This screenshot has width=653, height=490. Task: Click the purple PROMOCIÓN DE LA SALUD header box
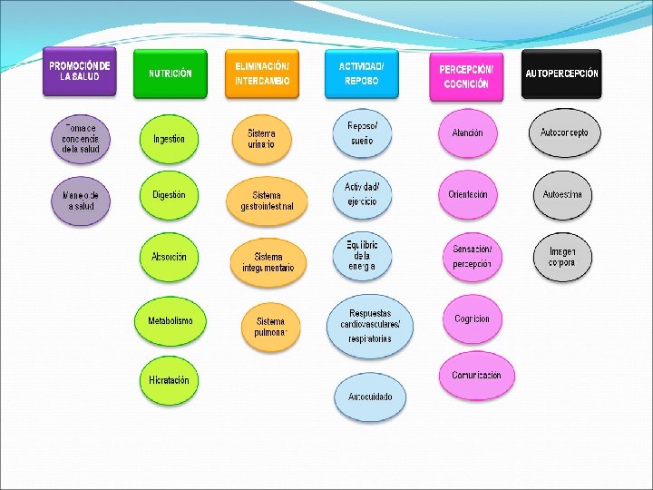[80, 72]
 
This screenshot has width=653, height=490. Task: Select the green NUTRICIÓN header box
[170, 73]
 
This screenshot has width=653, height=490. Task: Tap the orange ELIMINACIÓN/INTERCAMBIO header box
[261, 73]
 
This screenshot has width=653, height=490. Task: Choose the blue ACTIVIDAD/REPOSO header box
[361, 73]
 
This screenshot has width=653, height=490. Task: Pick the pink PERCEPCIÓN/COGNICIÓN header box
[466, 75]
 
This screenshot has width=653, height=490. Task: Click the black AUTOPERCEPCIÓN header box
[561, 73]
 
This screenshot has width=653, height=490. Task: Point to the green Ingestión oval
[169, 139]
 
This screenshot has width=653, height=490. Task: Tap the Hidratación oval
[169, 380]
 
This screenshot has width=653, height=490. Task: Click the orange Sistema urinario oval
[262, 138]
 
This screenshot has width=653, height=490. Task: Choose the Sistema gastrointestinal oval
[267, 201]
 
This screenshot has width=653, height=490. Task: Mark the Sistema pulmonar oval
[269, 327]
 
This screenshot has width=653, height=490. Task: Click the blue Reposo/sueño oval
[362, 133]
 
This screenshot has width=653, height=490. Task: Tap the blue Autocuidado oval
[370, 397]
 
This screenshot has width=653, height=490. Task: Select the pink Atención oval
[467, 133]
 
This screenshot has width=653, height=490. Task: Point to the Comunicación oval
[475, 376]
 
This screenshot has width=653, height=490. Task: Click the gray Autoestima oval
[562, 195]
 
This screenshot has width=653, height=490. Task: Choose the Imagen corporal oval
[561, 257]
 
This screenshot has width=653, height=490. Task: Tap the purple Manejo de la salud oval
[81, 201]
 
